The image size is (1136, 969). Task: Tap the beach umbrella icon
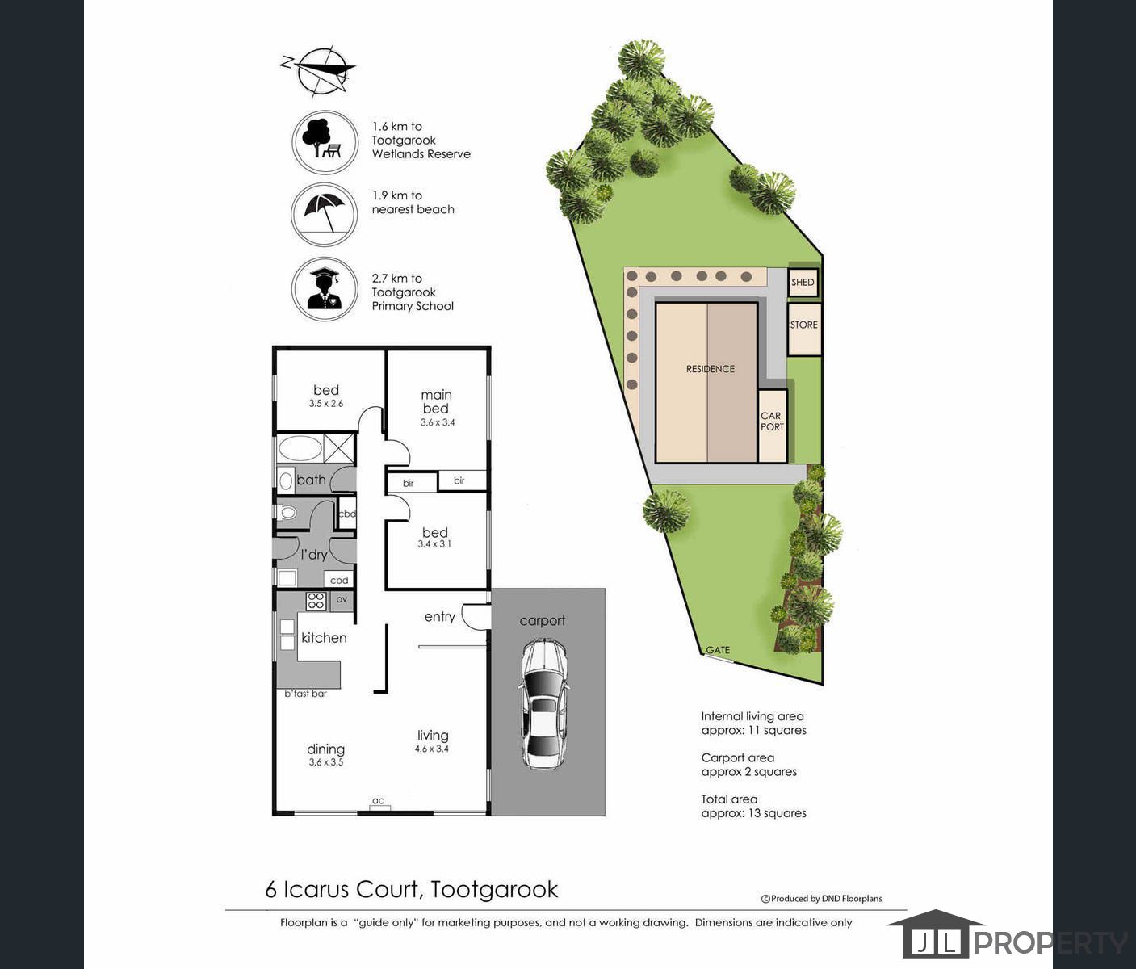coord(325,214)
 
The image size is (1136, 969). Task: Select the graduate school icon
coord(325,289)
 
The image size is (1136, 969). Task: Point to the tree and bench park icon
coord(325,142)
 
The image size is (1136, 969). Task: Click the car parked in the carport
coord(543,703)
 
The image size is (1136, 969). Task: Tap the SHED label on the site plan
coord(803,283)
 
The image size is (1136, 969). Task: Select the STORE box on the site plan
coord(804,329)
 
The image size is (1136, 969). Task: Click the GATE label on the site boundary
coord(718,650)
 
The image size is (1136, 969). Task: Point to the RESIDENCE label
coord(710,369)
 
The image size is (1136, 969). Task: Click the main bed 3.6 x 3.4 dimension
coord(438,422)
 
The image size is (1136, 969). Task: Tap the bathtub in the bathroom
coord(300,448)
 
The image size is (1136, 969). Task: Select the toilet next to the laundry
coord(287,514)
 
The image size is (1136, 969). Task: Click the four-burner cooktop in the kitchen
coord(316,601)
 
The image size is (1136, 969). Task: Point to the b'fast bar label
coord(305,694)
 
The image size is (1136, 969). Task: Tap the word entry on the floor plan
coord(440,617)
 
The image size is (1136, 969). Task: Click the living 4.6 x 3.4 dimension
coord(432,749)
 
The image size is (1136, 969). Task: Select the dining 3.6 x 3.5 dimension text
coord(326,762)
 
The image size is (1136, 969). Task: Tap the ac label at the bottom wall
coord(378,801)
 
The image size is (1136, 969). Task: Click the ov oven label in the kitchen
coord(342,599)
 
